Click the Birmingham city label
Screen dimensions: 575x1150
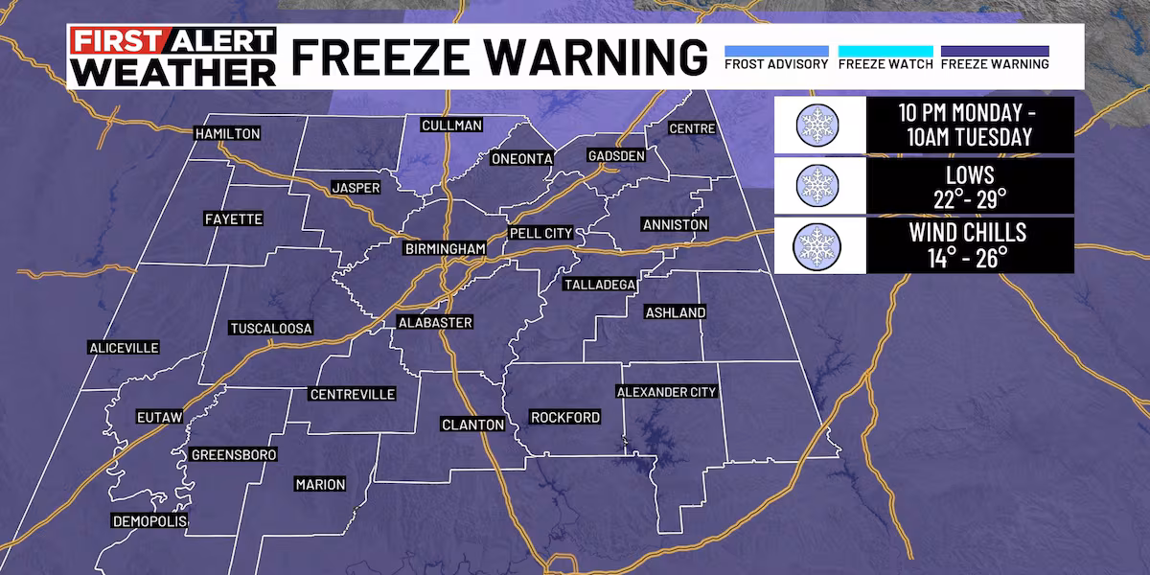point(444,249)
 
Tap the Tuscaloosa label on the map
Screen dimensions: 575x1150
point(271,329)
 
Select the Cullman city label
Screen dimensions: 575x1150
point(451,125)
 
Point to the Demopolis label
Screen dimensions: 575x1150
point(149,521)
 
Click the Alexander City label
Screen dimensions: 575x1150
point(667,391)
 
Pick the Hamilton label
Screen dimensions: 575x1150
point(227,133)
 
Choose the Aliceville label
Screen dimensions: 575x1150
point(123,347)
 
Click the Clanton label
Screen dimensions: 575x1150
point(472,424)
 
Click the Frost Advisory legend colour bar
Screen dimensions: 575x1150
point(776,51)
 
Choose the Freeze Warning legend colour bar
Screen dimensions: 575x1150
point(995,51)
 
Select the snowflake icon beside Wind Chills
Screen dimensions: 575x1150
point(817,244)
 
